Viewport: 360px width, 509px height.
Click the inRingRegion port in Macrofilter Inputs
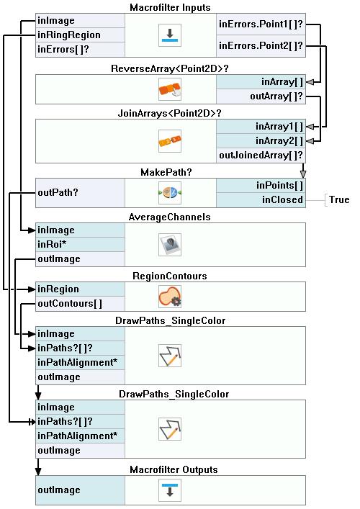[x=80, y=35]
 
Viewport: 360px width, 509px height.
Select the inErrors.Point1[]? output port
[x=261, y=24]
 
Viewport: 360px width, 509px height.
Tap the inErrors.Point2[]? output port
[x=261, y=46]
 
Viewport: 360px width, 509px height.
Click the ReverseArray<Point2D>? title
[x=170, y=69]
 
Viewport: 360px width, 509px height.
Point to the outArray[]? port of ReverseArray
[x=261, y=96]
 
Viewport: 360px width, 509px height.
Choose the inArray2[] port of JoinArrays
[x=261, y=141]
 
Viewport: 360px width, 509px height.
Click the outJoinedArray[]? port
[x=261, y=156]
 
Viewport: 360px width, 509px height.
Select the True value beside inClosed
[x=339, y=199]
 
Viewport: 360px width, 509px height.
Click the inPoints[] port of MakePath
[x=261, y=185]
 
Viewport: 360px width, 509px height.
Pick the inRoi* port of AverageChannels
[x=80, y=244]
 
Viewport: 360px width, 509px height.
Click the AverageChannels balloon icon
[x=170, y=245]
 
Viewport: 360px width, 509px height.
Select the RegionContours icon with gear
[x=170, y=297]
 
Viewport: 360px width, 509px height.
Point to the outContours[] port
[x=80, y=304]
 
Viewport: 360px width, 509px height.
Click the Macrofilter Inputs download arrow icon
[x=170, y=35]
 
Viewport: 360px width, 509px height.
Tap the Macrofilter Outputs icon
[x=170, y=490]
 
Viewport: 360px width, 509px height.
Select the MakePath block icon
[x=170, y=193]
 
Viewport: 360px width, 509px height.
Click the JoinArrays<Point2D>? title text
[x=169, y=114]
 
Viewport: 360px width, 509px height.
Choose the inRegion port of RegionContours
[x=80, y=289]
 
